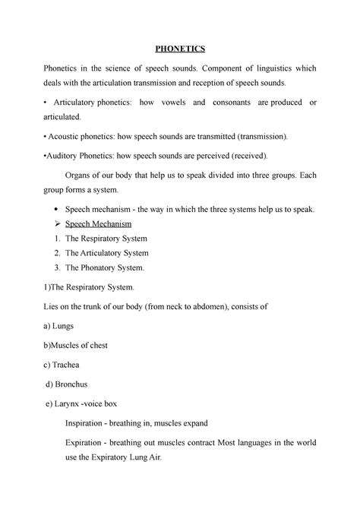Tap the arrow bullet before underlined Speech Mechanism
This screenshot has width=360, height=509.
pyautogui.click(x=70, y=224)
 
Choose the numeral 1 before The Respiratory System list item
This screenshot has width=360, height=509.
pyautogui.click(x=70, y=239)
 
